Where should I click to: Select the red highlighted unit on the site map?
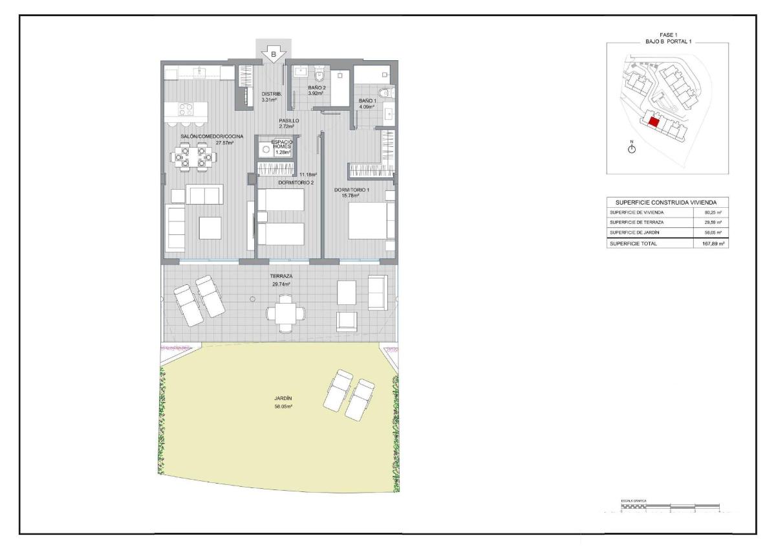tap(653, 121)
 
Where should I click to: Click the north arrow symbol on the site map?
tap(632, 149)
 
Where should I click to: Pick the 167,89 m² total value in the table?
tap(711, 244)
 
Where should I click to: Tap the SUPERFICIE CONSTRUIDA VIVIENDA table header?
tap(666, 202)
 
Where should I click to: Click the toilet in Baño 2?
tap(318, 73)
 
